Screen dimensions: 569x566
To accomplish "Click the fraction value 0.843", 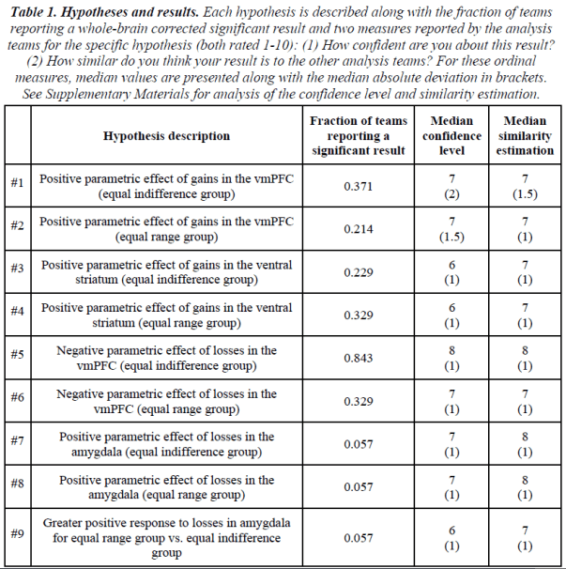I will click(x=359, y=358).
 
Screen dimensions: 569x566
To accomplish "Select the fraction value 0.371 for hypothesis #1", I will click(x=359, y=186).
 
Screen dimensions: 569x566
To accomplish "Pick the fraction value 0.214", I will click(x=359, y=229).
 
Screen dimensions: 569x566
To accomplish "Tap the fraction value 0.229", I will click(x=359, y=272).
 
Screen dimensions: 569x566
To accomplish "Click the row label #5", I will click(x=18, y=358).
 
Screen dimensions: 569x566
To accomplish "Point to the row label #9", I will click(x=18, y=535).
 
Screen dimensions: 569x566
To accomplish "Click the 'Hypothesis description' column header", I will click(x=166, y=136).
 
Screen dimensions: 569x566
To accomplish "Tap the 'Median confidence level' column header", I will click(x=451, y=136).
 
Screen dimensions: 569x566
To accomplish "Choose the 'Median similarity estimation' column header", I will click(x=525, y=136).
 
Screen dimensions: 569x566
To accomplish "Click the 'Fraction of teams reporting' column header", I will click(x=359, y=136).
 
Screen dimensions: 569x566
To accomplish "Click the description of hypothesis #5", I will click(x=166, y=358).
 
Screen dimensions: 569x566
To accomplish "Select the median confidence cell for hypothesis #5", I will click(x=451, y=358).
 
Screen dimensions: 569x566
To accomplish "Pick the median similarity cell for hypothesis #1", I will click(x=525, y=186).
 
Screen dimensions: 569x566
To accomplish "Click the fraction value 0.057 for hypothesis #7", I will click(x=359, y=444).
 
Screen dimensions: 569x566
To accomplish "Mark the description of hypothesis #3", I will click(x=166, y=272).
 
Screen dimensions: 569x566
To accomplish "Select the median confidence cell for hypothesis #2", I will click(x=451, y=229).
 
